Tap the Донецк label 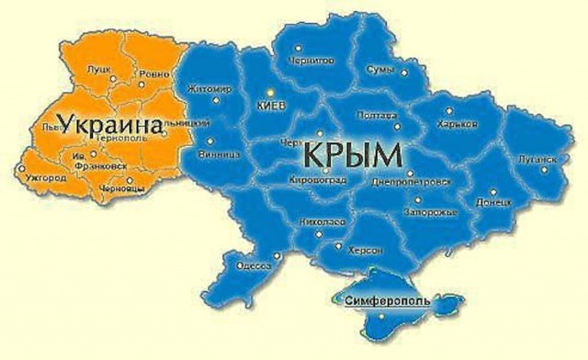click(494, 201)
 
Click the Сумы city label click(380, 70)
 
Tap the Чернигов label click(313, 57)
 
